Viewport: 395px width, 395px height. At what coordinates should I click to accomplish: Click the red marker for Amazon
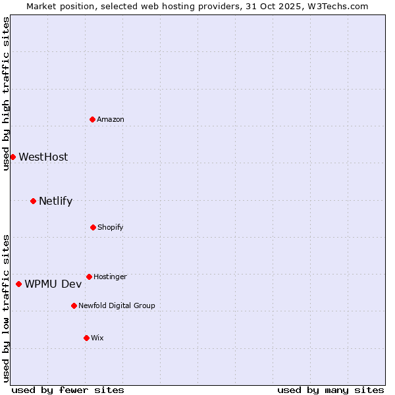[93, 119]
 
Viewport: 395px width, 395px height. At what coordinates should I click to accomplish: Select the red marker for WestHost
[13, 157]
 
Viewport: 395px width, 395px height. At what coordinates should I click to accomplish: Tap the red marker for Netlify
[33, 201]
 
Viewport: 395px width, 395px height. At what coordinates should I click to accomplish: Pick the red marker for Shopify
[93, 227]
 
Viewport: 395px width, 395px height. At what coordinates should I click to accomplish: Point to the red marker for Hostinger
[89, 276]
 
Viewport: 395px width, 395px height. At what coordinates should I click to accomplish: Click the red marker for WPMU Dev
[18, 284]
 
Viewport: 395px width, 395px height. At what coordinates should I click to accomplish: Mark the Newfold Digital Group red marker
[74, 305]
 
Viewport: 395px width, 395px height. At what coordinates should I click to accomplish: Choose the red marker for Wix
[86, 338]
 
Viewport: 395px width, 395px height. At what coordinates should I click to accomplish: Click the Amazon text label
[111, 119]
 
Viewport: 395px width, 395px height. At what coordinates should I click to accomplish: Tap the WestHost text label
[43, 157]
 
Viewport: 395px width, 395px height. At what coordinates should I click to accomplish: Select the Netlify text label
[55, 201]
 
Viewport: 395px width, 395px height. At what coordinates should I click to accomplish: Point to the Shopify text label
[111, 227]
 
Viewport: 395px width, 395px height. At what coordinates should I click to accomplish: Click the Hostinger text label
[110, 276]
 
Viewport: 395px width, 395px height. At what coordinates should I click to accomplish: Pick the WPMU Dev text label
[53, 284]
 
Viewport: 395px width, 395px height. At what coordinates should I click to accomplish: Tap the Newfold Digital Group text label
[117, 305]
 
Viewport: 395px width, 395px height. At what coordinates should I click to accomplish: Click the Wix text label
[97, 338]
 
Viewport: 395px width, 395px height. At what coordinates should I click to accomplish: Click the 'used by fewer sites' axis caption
[68, 390]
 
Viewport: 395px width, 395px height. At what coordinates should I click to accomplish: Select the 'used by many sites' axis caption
[330, 390]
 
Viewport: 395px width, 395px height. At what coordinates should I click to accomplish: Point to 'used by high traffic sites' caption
[6, 93]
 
